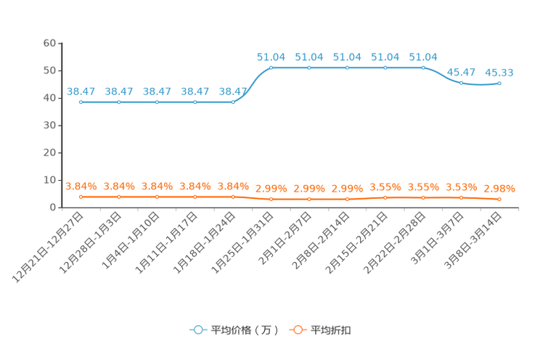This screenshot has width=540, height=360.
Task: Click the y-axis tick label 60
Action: (49, 43)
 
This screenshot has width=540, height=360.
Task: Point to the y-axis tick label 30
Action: (49, 126)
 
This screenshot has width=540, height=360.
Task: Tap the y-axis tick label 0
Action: (53, 208)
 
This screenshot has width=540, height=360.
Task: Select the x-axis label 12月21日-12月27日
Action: (48, 247)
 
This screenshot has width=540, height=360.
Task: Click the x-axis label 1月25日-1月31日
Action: (243, 243)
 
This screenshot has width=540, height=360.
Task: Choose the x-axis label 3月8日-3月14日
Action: (473, 240)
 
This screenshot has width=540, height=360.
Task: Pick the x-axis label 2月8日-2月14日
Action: (321, 240)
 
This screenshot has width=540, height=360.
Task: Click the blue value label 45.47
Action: (461, 73)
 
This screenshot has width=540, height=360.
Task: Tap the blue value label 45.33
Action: (499, 73)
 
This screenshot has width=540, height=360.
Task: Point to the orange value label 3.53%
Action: (462, 187)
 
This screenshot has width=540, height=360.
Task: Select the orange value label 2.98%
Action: (499, 189)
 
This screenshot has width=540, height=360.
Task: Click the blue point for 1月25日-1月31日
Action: (271, 68)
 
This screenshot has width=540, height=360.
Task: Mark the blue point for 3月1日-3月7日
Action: (462, 83)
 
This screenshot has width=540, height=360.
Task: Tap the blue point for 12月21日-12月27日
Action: (81, 102)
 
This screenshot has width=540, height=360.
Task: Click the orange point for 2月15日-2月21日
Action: (385, 197)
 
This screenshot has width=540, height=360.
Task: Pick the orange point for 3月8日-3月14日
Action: (499, 199)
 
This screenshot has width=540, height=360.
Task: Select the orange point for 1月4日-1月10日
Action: (157, 197)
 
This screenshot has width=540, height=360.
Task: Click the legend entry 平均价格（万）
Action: (234, 330)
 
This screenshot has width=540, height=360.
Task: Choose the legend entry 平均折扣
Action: (320, 330)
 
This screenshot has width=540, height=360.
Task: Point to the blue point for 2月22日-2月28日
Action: (423, 68)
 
